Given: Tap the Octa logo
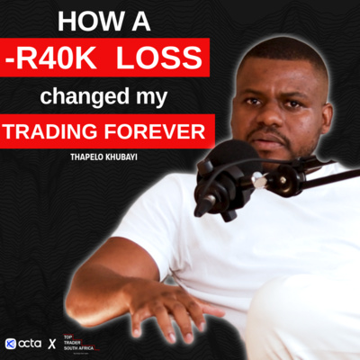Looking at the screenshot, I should click(24, 343).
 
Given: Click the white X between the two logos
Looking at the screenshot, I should click(51, 344).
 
